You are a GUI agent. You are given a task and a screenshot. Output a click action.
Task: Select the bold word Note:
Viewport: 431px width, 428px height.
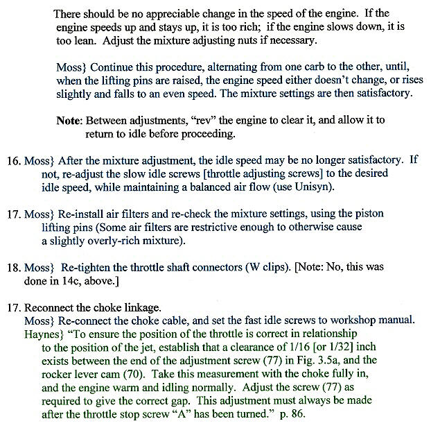point(70,120)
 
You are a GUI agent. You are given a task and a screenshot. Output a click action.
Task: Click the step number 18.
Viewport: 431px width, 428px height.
point(14,266)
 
